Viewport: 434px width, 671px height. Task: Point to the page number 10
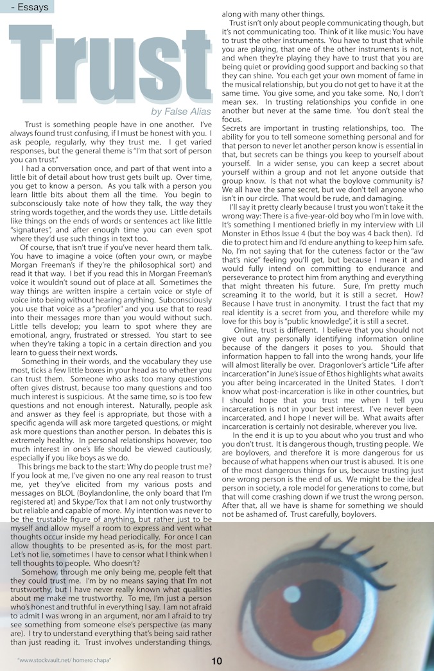[x=216, y=661]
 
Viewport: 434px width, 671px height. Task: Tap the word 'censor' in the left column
[x=146, y=555]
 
